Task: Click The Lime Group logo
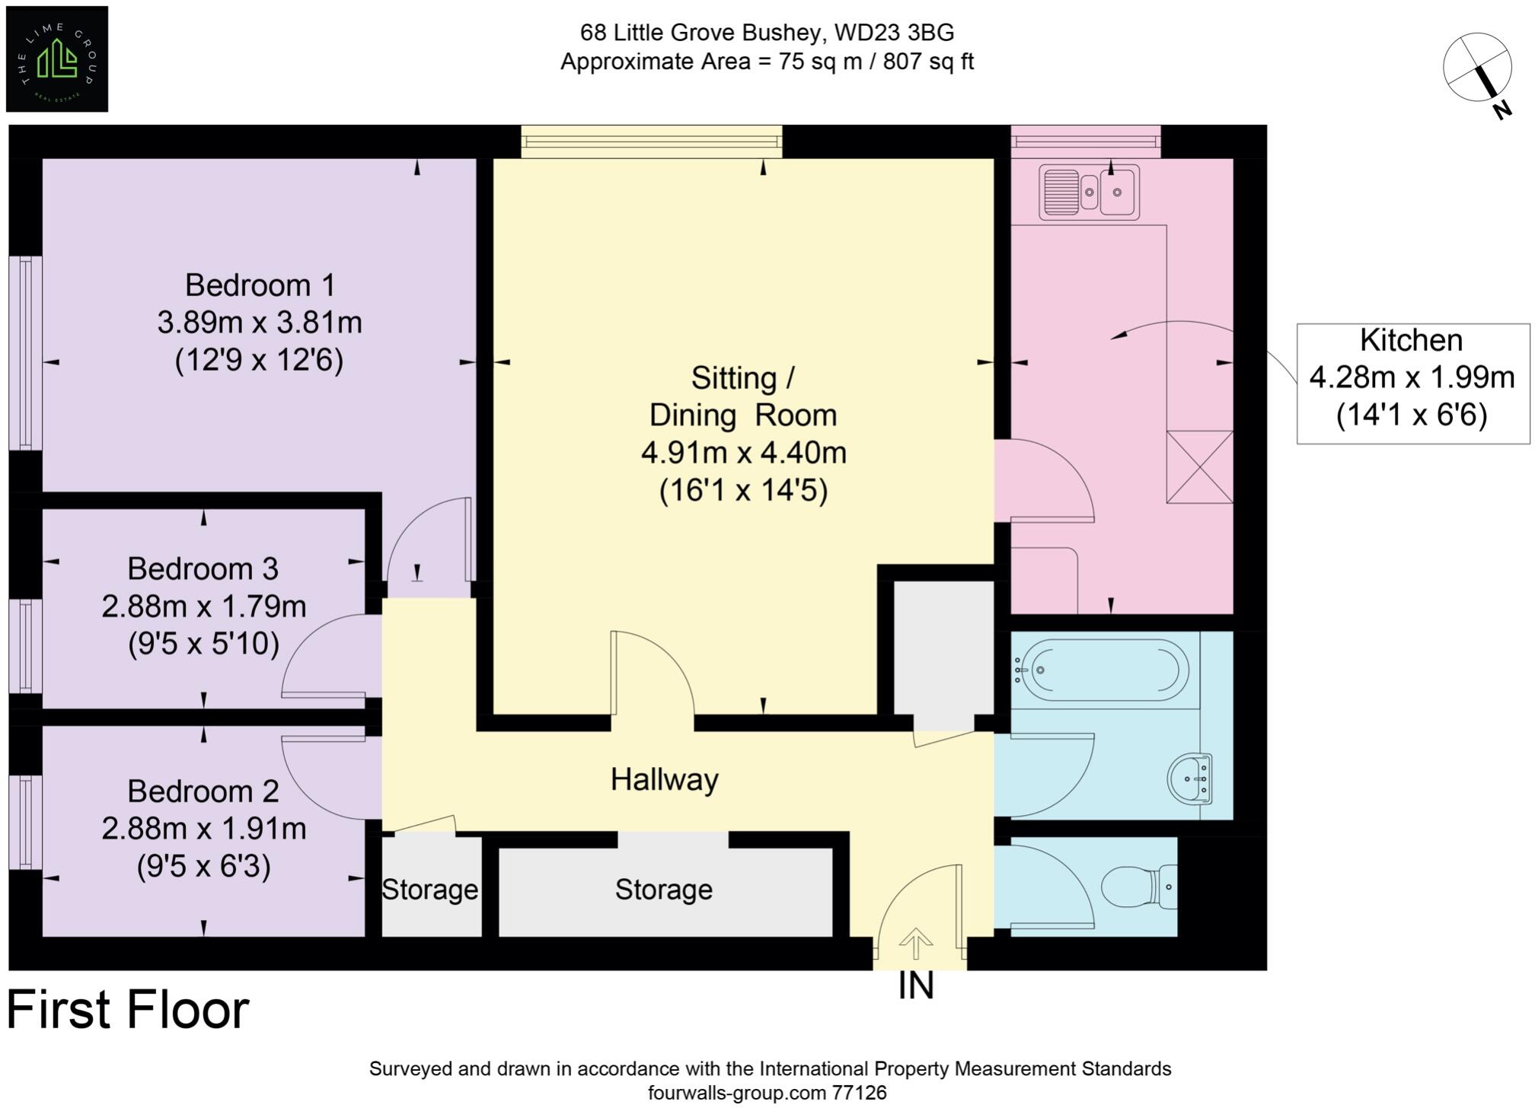point(57,59)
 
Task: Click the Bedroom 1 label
point(260,285)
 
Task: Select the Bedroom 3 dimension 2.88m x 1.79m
point(204,607)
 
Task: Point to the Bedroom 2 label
point(203,791)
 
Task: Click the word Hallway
point(665,780)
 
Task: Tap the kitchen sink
point(1089,193)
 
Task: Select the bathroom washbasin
point(1190,778)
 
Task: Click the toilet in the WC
point(1140,887)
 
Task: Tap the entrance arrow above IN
point(916,944)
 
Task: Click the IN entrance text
point(916,986)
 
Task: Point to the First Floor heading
point(128,1010)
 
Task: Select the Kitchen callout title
point(1412,340)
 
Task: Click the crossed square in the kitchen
point(1199,467)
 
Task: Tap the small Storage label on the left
point(430,890)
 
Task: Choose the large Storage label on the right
point(664,890)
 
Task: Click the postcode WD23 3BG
point(895,33)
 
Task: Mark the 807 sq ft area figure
point(928,62)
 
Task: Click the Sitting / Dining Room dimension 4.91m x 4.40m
point(744,453)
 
